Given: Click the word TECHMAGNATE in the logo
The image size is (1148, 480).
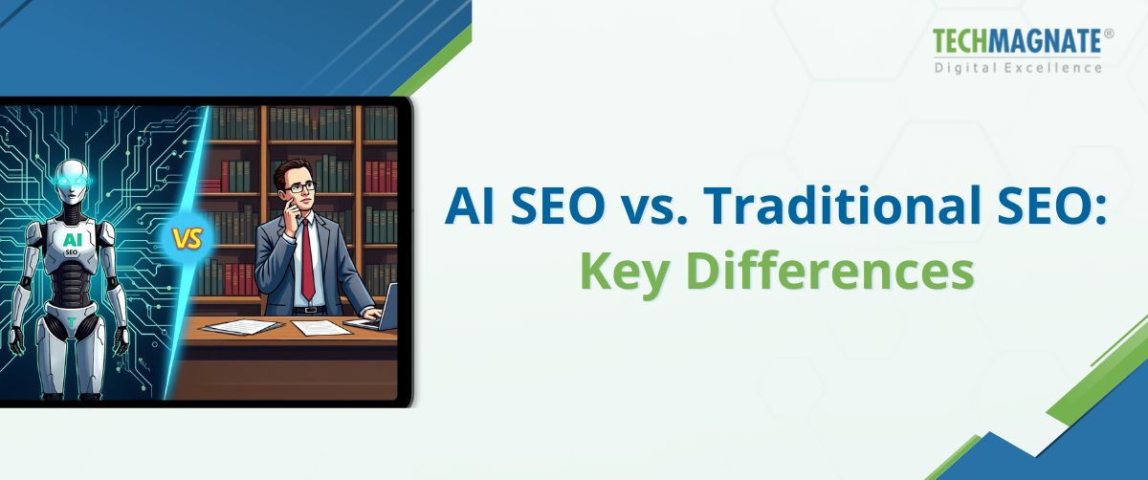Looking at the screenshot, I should [x=1018, y=43].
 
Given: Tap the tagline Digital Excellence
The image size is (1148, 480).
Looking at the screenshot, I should [x=1018, y=67].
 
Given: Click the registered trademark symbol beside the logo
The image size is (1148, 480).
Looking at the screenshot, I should [x=1109, y=33].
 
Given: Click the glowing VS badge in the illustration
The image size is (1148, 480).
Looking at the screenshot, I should [x=188, y=239].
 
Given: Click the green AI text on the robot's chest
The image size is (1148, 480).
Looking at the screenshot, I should [x=72, y=240].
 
